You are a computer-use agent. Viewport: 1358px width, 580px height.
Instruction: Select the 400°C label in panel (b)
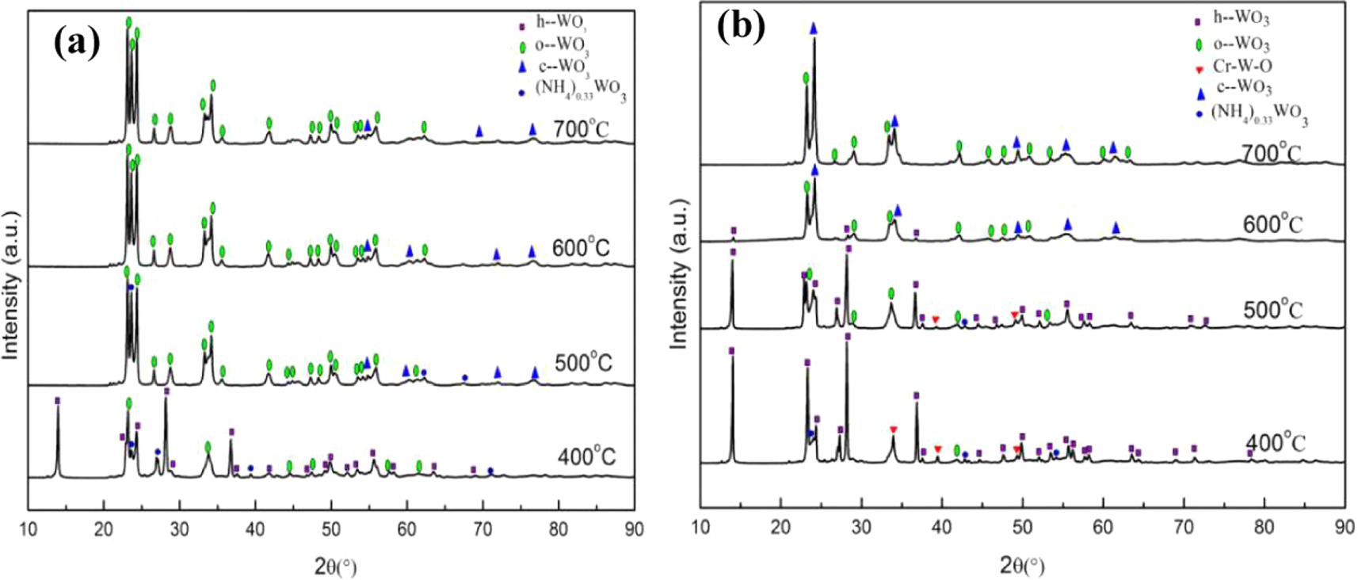pos(1275,443)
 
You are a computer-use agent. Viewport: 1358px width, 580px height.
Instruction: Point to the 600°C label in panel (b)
pos(1272,224)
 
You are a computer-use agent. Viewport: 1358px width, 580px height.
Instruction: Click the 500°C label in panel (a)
pos(584,363)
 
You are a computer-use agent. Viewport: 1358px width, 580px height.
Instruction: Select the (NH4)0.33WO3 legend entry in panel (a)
pos(580,90)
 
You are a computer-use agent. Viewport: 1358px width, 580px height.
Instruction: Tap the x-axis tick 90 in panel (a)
pos(633,529)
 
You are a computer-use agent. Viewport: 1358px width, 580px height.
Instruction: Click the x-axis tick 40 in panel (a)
pos(255,529)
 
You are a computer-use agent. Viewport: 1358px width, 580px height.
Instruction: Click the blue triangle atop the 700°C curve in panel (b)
pos(813,29)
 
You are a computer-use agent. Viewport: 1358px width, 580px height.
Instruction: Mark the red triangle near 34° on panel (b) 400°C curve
pos(893,429)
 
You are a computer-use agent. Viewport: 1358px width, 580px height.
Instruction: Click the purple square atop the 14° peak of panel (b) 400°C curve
pos(731,350)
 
